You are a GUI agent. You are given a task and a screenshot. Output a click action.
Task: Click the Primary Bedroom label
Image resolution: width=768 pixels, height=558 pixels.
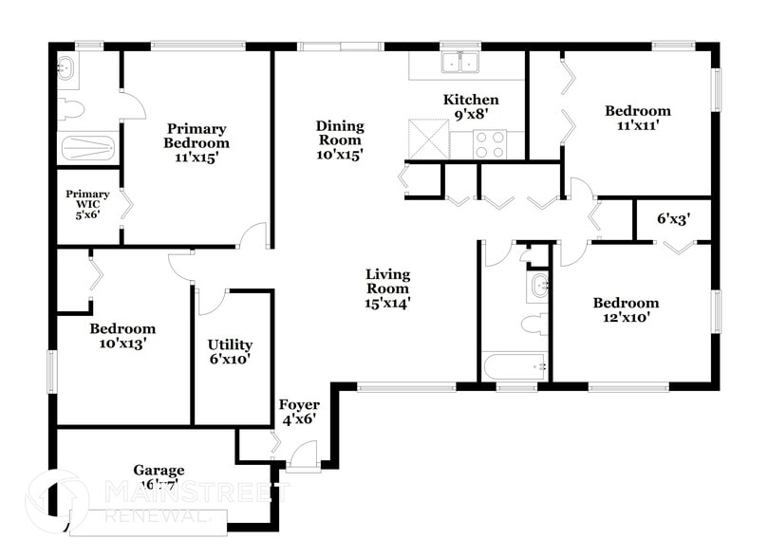(197, 143)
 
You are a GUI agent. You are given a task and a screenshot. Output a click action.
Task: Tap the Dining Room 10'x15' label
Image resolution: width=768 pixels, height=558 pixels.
(340, 139)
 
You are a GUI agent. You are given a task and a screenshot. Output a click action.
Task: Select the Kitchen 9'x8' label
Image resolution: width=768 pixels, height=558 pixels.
(471, 107)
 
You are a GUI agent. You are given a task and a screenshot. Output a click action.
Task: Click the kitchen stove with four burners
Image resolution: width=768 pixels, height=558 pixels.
(490, 144)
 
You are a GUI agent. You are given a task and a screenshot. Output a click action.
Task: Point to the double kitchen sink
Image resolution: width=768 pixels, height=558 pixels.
(460, 64)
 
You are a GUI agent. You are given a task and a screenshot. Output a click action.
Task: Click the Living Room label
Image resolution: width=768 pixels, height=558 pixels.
(388, 289)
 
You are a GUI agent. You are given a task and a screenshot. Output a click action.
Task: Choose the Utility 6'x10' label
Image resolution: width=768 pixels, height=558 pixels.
(230, 352)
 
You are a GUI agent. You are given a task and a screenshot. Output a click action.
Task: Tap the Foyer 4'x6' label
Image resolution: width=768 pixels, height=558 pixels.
(298, 411)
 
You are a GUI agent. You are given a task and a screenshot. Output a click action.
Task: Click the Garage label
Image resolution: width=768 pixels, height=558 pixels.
(159, 476)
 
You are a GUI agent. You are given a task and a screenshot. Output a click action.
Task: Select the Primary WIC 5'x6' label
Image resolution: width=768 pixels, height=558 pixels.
(87, 204)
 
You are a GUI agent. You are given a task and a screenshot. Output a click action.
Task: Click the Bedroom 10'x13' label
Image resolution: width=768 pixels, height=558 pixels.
(122, 336)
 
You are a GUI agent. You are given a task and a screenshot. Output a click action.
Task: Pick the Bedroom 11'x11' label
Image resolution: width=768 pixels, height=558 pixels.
(637, 118)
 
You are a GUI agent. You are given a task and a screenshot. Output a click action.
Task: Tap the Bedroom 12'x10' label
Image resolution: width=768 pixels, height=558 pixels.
(626, 310)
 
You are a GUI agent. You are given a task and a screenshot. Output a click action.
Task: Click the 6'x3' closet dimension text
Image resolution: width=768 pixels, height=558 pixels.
(673, 218)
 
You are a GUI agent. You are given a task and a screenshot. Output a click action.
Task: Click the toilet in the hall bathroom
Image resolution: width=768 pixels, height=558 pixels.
(534, 324)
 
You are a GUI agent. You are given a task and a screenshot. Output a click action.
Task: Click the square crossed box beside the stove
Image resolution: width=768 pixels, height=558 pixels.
(428, 139)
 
